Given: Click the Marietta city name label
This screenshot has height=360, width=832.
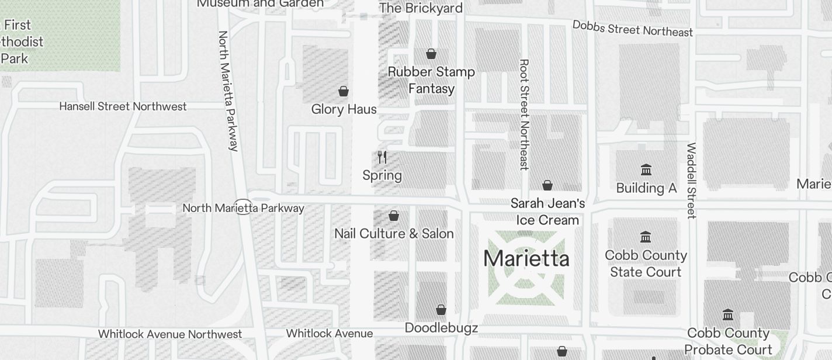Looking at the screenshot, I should (x=526, y=258).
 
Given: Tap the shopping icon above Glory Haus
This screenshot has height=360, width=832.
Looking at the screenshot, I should (x=344, y=91).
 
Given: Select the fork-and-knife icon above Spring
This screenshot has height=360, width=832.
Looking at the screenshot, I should (x=382, y=157).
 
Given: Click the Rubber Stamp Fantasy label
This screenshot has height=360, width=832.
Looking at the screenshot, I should (x=431, y=80).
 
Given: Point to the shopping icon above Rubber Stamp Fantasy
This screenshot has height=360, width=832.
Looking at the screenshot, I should (x=431, y=54).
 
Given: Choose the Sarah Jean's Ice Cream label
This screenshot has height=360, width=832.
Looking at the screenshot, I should (x=547, y=212).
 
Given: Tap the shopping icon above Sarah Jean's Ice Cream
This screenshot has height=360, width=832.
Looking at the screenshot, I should (x=547, y=185).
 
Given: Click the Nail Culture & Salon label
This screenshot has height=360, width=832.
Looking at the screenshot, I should (x=394, y=234).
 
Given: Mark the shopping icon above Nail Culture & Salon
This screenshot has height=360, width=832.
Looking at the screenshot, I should (x=394, y=216).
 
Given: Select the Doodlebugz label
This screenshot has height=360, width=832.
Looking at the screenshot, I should (x=441, y=328).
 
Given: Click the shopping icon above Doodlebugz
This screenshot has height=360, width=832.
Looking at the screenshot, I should (x=441, y=310).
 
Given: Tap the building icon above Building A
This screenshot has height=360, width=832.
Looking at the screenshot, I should (x=646, y=170).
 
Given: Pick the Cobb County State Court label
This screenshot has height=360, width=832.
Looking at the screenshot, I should (x=646, y=264).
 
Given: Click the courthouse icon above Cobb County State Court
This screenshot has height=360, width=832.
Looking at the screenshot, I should (x=646, y=237).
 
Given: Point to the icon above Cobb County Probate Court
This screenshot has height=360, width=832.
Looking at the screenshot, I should (x=728, y=315).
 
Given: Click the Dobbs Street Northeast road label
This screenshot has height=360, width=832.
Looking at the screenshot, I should (x=633, y=29).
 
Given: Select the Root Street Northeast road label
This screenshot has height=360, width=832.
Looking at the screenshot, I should (x=524, y=115).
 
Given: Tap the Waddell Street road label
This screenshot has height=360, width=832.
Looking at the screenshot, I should (x=691, y=181).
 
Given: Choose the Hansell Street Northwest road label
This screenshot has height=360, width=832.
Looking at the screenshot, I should (x=123, y=106).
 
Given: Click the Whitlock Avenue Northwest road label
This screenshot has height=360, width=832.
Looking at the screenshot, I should (x=170, y=334).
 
